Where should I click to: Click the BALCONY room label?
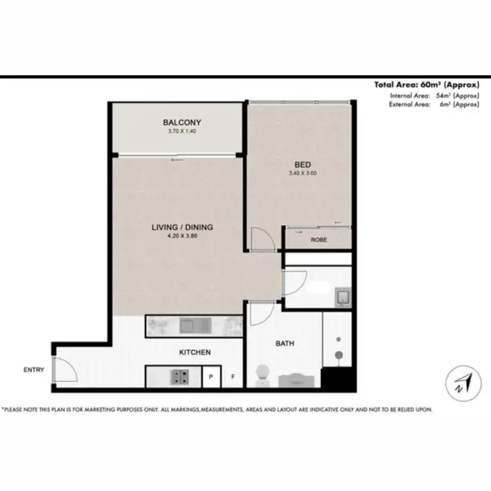182,122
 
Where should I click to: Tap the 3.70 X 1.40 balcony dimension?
182,132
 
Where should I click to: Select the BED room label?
302,164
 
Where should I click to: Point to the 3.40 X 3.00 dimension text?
302,173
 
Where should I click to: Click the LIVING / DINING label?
183,227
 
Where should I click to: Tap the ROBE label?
319,240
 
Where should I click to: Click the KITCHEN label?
195,352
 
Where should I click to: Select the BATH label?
285,342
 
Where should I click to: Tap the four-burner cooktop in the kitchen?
180,376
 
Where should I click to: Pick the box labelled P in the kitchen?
211,377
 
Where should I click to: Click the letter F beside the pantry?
232,377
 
